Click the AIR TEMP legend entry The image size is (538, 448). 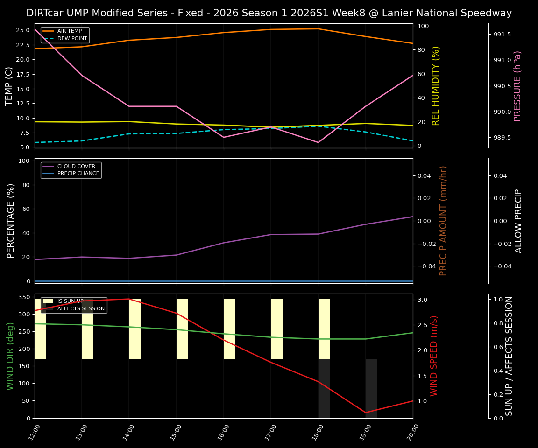point(69,31)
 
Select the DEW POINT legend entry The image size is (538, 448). point(72,39)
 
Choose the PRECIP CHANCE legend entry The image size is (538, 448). point(78,174)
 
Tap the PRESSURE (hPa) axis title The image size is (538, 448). point(517,86)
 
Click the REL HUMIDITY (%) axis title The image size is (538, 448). point(436,86)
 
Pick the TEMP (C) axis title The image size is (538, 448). point(9,86)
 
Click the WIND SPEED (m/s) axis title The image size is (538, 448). point(434,356)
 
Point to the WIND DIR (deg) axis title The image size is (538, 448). point(10,356)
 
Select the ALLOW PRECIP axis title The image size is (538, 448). point(518,221)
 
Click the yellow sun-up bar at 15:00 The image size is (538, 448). point(182,329)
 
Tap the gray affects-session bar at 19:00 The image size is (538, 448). point(371,388)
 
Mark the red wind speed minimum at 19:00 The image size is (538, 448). point(366,413)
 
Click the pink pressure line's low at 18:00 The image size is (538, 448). point(318,142)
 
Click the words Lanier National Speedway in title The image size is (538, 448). point(447,13)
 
